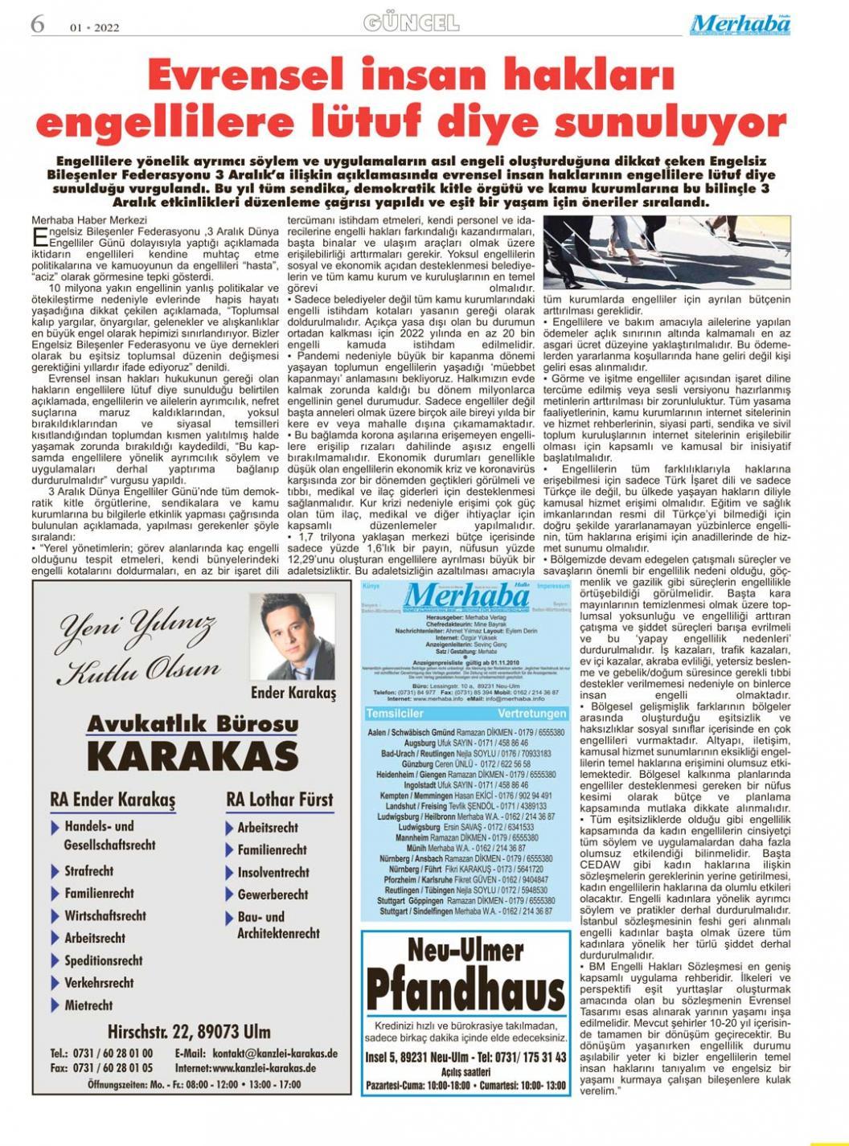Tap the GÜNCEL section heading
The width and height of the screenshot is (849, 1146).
pyautogui.click(x=411, y=23)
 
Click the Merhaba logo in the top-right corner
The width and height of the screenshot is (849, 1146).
pyautogui.click(x=740, y=24)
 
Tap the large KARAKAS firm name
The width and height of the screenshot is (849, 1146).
pyautogui.click(x=192, y=755)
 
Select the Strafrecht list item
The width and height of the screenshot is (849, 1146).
pyautogui.click(x=89, y=870)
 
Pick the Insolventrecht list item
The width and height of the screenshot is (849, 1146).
pyautogui.click(x=273, y=872)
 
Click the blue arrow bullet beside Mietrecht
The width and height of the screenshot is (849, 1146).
pyautogui.click(x=55, y=1005)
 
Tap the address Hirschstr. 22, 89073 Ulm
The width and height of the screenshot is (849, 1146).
pyautogui.click(x=189, y=1032)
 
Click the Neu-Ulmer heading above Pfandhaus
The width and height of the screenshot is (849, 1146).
pyautogui.click(x=466, y=952)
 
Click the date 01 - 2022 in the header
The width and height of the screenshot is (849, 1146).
pyautogui.click(x=94, y=27)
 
